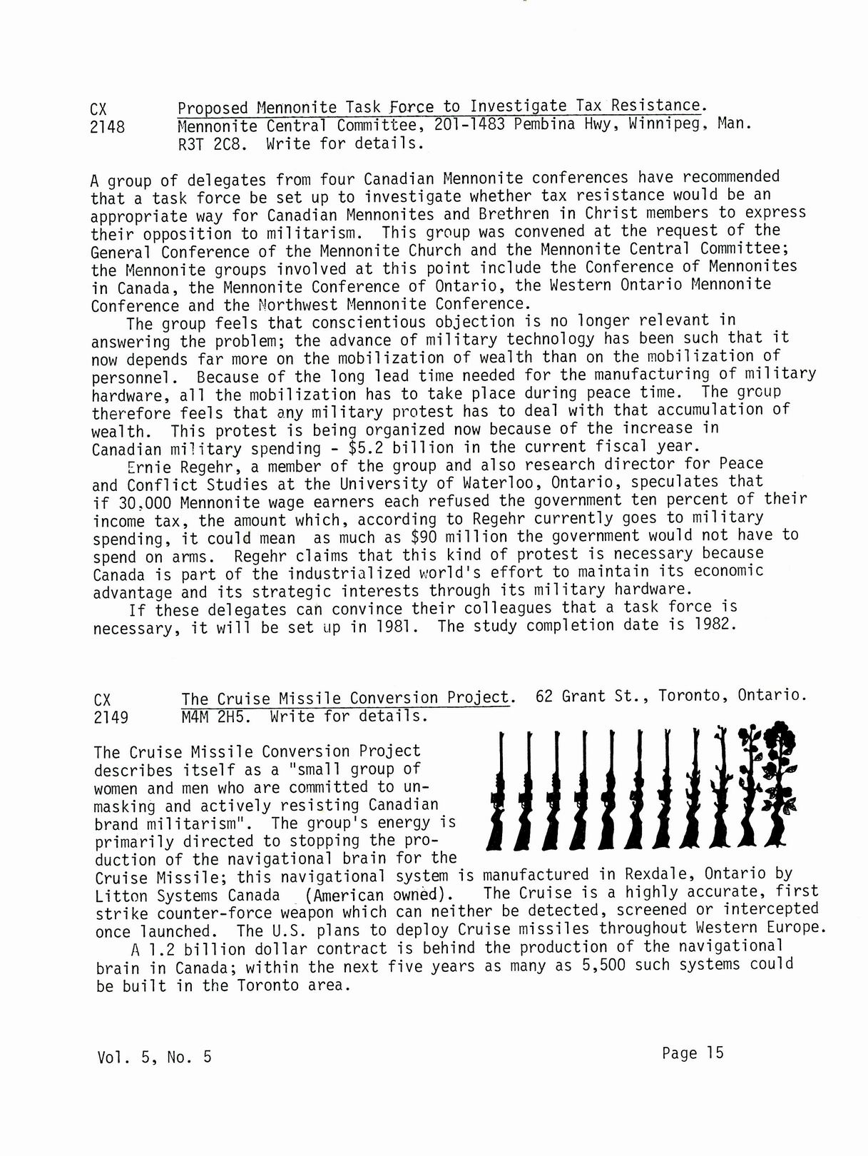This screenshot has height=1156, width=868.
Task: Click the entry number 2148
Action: [x=108, y=127]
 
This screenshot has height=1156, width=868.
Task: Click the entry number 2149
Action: [x=111, y=717]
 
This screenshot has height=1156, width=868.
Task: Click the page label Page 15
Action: [x=692, y=1053]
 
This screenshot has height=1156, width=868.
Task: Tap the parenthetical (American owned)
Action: [x=378, y=895]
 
